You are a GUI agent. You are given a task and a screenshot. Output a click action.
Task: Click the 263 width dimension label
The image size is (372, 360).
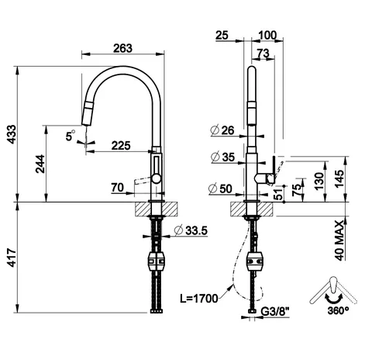[122, 48]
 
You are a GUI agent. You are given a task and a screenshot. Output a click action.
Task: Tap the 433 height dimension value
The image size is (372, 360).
[12, 134]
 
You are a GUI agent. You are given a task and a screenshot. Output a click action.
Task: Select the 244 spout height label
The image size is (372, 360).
[40, 164]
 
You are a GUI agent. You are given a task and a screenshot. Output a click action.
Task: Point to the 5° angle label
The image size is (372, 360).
[70, 135]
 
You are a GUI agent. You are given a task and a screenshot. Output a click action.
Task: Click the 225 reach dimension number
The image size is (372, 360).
[121, 146]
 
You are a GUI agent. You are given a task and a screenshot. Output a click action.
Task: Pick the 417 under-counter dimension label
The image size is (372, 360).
[12, 258]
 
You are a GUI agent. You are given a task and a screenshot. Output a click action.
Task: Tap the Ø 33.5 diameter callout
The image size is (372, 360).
[191, 230]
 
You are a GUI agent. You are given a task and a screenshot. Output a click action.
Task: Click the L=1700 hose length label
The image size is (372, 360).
[199, 299]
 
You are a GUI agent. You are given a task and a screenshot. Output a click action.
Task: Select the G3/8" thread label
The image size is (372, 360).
[274, 312]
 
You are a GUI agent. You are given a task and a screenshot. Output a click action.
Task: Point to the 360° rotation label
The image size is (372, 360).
[338, 310]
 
